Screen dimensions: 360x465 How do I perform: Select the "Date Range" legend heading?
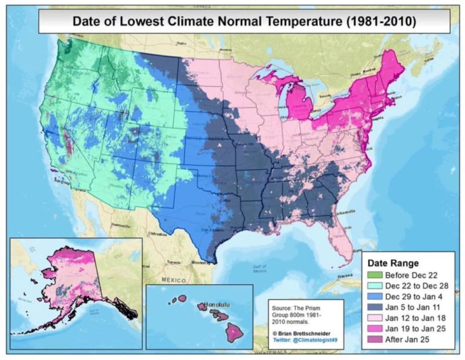click(x=393, y=263)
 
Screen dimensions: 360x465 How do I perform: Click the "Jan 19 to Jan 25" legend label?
click(x=416, y=329)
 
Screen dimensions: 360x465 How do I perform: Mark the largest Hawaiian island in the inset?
click(x=234, y=332)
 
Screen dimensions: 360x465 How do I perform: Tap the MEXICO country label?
click(x=173, y=281)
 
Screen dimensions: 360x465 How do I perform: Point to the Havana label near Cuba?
click(x=344, y=276)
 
